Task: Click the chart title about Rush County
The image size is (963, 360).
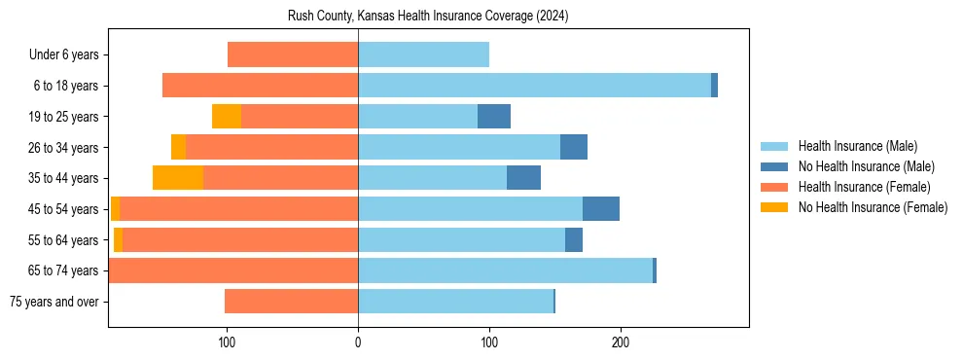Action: [428, 17]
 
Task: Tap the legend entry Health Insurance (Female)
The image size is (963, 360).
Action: [864, 187]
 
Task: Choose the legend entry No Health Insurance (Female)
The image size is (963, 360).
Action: [873, 207]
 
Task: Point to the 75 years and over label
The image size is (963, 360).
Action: [53, 302]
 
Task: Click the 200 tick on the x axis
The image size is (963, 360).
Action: [621, 342]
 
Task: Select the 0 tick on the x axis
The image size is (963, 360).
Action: [358, 342]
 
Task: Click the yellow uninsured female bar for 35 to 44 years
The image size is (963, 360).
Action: [178, 178]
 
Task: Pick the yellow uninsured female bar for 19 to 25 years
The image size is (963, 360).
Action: [226, 117]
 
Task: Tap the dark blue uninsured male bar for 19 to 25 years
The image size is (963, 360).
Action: [494, 117]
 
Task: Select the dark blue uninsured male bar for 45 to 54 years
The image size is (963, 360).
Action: [601, 209]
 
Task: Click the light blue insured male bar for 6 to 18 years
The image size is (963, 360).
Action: [534, 86]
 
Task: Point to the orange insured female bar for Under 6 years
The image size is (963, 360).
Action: [293, 54]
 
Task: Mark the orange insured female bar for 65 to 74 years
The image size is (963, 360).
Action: [233, 270]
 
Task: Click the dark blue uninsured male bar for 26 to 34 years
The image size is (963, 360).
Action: [574, 147]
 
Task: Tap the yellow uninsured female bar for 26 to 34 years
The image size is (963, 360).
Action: [178, 147]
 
